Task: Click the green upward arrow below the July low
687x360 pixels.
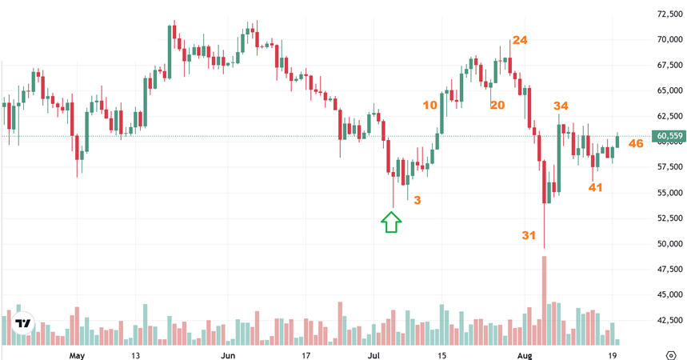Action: [390, 222]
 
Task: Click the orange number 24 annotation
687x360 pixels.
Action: [520, 40]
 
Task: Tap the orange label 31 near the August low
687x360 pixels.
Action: [529, 235]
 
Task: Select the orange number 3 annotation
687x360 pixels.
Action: [417, 200]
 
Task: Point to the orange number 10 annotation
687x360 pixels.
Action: [430, 105]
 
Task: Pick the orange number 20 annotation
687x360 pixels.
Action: [497, 105]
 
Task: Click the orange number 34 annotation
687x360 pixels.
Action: [561, 106]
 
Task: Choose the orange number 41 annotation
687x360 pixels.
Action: [595, 187]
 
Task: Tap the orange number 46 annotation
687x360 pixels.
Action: [636, 144]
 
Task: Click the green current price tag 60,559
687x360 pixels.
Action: [669, 136]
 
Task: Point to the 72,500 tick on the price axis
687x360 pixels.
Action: [669, 14]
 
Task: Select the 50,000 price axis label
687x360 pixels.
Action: [669, 244]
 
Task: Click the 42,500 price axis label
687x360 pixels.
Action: [669, 321]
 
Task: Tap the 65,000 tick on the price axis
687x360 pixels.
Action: [669, 90]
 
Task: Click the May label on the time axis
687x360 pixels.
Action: [77, 354]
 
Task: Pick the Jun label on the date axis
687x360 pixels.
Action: [228, 354]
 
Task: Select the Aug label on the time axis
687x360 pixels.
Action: [525, 354]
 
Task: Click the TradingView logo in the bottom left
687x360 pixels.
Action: [24, 324]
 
